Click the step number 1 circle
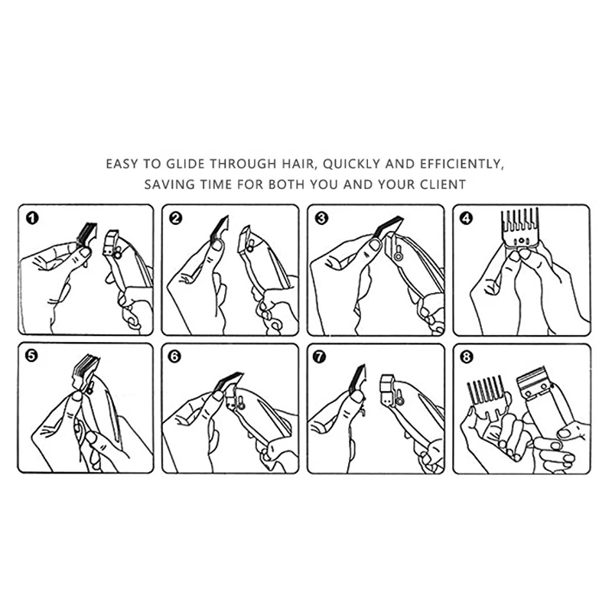(32, 219)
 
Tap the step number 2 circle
(176, 219)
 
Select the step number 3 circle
(321, 219)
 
